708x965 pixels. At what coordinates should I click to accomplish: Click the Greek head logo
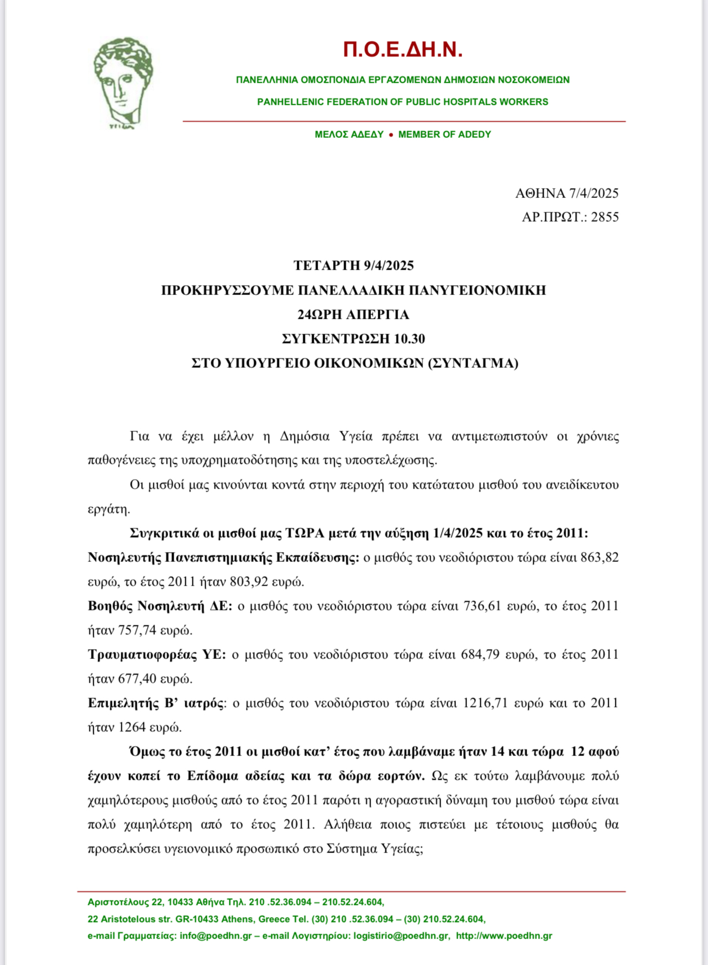122,83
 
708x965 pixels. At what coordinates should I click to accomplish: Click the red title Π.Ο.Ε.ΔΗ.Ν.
403,50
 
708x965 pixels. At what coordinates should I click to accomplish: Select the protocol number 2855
605,217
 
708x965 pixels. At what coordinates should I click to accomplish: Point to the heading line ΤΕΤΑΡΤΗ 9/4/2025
353,265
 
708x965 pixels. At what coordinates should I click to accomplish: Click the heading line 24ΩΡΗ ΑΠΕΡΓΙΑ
353,314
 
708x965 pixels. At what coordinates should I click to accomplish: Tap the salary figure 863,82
599,557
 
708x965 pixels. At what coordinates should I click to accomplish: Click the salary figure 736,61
482,605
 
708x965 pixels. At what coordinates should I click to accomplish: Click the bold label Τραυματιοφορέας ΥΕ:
157,654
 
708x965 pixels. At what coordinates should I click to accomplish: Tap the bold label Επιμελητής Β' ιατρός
156,703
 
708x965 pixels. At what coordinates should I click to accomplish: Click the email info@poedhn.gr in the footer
216,936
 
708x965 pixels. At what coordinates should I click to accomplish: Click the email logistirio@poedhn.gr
401,936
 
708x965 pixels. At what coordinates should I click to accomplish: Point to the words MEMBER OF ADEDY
444,134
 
